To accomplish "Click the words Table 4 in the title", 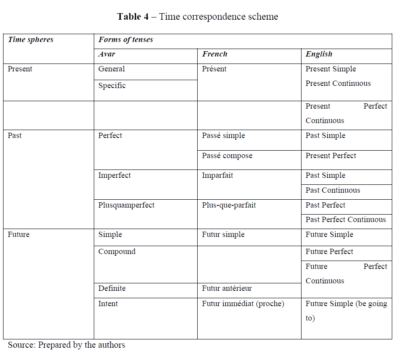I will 133,17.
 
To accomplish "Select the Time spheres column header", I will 30,40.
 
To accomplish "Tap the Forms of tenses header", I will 126,40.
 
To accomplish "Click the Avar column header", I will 107,54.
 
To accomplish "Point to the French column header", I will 215,54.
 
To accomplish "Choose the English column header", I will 319,54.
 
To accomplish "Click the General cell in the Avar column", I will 112,69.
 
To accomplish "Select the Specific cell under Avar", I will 112,86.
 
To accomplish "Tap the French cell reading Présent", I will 215,69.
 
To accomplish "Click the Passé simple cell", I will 224,136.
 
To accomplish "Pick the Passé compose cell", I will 227,156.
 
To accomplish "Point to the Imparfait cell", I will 217,176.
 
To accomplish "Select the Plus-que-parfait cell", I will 229,205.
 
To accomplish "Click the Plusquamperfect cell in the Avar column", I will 126,205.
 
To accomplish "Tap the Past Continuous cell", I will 333,191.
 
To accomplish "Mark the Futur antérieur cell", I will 227,289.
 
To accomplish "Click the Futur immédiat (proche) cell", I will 243,304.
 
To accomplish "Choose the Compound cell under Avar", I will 117,252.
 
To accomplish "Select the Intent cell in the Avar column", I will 108,304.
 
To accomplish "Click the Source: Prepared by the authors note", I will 67,345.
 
